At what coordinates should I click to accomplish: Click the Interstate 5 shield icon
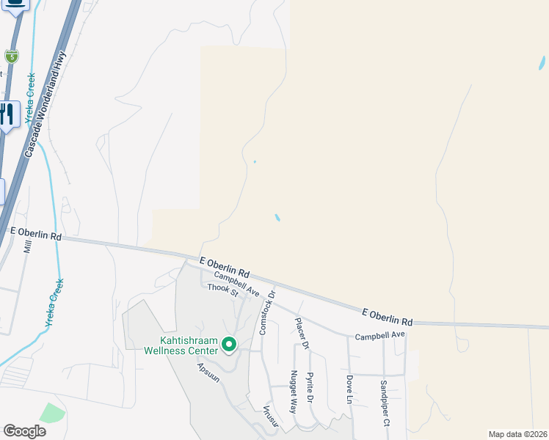[11, 56]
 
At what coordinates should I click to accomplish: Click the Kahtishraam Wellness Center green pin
[229, 343]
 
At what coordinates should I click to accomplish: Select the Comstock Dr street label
[266, 312]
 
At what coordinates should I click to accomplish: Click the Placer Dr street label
[302, 333]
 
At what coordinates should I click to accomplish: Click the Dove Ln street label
[349, 389]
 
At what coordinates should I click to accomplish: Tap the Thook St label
[223, 291]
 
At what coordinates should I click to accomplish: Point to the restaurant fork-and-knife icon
[7, 114]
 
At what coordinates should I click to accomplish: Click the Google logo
[24, 431]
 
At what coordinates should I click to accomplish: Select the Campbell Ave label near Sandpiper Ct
[380, 336]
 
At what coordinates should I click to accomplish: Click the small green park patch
[51, 413]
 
